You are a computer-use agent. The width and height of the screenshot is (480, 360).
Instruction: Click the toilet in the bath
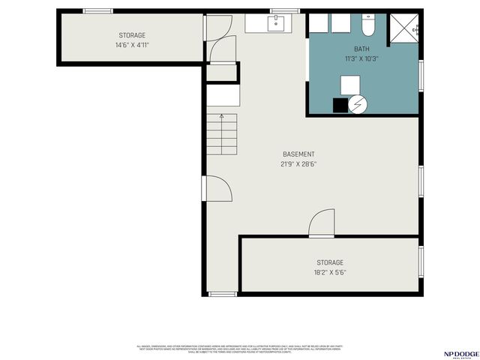pos(367,27)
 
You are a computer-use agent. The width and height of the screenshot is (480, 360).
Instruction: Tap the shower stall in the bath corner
pos(405,29)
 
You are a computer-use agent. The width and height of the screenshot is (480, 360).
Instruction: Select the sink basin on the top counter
pos(277,22)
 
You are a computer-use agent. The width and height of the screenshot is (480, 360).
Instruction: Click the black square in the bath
pos(340,106)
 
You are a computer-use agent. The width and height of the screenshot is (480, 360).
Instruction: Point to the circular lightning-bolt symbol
pos(358,106)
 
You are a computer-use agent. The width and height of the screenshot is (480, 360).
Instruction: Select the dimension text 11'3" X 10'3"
pos(362,58)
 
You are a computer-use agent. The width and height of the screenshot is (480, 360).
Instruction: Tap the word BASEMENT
pos(298,154)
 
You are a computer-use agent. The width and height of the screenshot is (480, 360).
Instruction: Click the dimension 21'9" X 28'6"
pos(298,164)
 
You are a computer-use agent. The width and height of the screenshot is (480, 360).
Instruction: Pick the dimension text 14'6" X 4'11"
pos(132,45)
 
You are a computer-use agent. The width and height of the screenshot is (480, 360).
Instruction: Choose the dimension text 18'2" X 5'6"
pos(329,272)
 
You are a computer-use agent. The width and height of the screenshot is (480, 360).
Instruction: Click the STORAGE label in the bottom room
pos(329,262)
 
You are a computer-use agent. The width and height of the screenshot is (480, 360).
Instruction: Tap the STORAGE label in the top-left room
pos(132,35)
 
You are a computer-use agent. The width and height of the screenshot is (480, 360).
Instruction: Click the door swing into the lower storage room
pos(322,223)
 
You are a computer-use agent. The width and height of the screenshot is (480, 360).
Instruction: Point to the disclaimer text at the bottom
pos(238,349)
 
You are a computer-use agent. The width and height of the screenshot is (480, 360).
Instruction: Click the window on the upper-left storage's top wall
pos(97,11)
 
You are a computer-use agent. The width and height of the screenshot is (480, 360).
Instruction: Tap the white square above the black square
pos(350,84)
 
